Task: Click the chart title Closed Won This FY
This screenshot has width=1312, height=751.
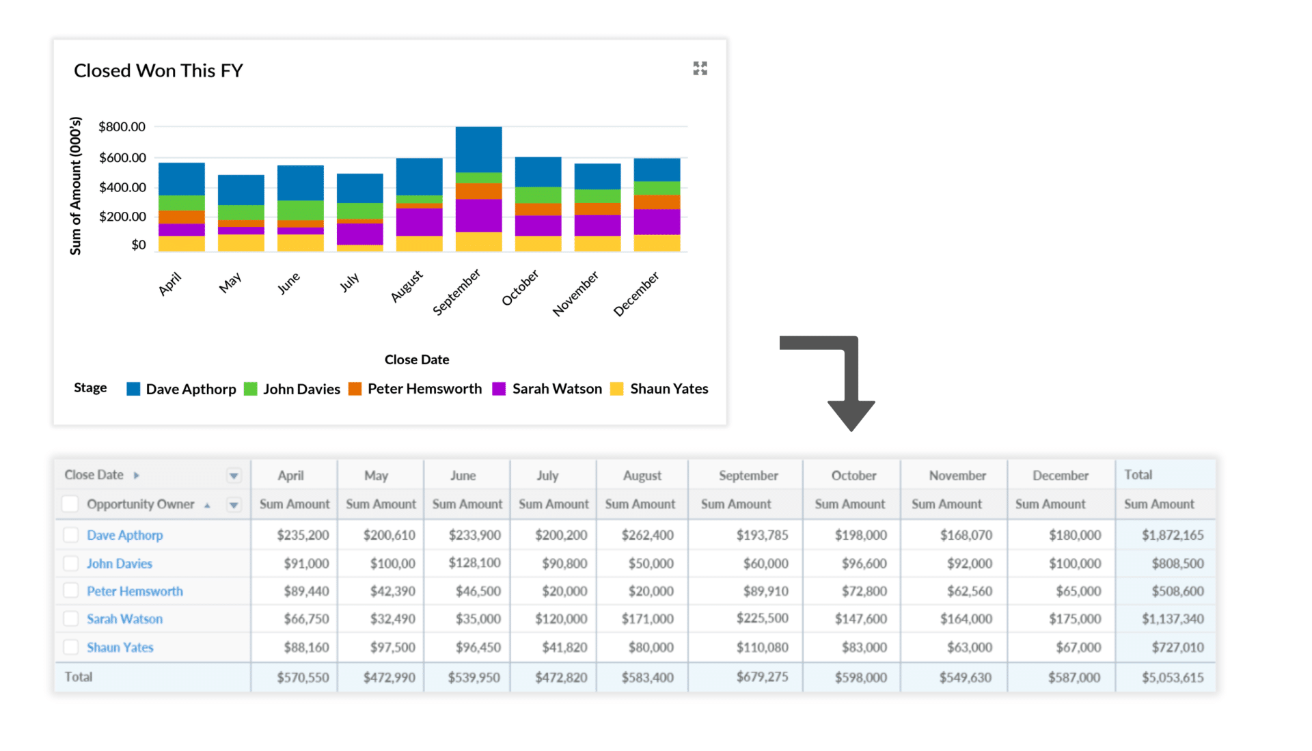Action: [158, 71]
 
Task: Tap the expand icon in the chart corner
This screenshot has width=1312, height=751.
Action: [700, 68]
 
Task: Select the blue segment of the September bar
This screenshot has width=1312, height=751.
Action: [478, 149]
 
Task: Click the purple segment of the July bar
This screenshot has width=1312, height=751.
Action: [359, 234]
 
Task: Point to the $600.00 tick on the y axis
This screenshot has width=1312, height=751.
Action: [122, 158]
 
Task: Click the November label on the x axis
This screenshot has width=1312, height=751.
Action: [575, 293]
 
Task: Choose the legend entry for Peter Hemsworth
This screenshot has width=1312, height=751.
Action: [424, 389]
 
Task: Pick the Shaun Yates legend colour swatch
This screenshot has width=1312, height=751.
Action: [616, 389]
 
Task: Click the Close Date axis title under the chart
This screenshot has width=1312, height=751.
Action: [416, 359]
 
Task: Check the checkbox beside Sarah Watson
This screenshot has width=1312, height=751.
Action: [70, 619]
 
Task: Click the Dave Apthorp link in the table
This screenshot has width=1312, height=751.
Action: [124, 535]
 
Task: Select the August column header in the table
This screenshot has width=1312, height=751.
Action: [642, 476]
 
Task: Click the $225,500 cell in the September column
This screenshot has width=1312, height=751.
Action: [762, 618]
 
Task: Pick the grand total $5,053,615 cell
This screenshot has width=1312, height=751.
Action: [1172, 677]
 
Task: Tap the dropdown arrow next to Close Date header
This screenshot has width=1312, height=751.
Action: [234, 476]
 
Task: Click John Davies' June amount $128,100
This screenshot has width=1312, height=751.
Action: [474, 563]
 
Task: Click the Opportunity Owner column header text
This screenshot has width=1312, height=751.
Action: [140, 504]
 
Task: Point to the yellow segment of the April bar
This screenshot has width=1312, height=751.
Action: [181, 243]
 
